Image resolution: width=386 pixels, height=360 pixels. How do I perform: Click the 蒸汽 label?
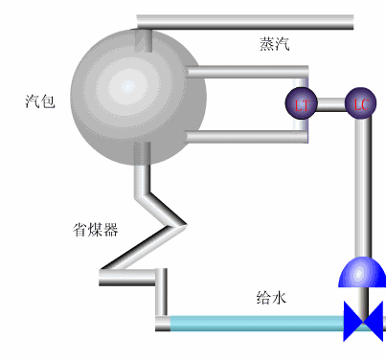[274, 43]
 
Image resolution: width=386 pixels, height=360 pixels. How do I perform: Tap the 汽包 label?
[40, 101]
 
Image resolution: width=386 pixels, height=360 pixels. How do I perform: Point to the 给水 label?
[272, 298]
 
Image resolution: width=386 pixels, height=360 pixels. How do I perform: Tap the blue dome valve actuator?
[361, 273]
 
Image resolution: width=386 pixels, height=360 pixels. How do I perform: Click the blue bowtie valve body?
[364, 321]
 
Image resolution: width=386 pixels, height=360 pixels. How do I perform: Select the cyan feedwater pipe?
[254, 324]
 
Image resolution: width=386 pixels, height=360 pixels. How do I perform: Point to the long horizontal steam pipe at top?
[244, 21]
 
